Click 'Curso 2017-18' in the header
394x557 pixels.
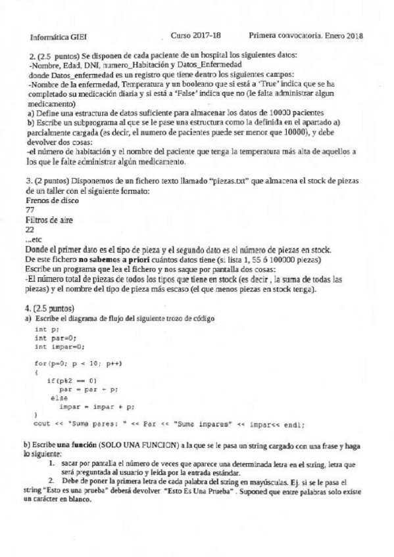pos(196,35)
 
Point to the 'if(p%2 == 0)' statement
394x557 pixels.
pos(72,380)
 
